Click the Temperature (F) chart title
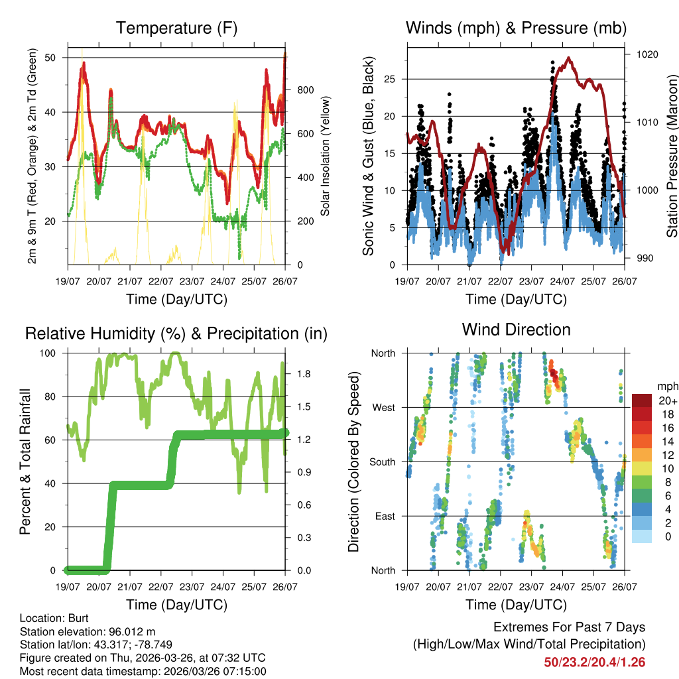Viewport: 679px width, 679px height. click(x=176, y=28)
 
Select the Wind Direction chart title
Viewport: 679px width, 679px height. click(x=516, y=329)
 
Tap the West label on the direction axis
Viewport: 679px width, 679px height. click(x=383, y=407)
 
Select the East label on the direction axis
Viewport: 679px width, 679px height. click(x=385, y=516)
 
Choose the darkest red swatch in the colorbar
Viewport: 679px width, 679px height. click(x=642, y=401)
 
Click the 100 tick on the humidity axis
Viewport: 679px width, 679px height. click(x=53, y=353)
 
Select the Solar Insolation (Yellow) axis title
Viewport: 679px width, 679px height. click(x=326, y=156)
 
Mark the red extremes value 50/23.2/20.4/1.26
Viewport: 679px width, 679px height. click(x=595, y=662)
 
